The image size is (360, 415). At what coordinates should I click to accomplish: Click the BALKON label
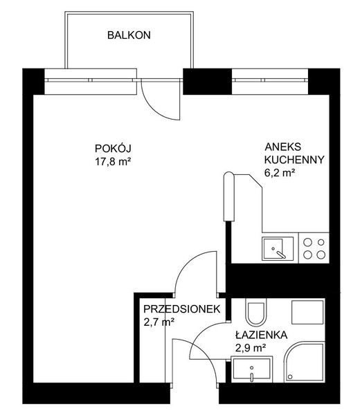(x=129, y=35)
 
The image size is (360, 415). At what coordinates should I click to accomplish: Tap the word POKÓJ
(x=113, y=149)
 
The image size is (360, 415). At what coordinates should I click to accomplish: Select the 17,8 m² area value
(x=113, y=161)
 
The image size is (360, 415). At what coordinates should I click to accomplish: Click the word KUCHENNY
(x=294, y=160)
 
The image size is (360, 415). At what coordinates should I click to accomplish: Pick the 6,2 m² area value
(x=280, y=173)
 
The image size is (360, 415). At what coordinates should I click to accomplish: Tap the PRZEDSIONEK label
(x=181, y=309)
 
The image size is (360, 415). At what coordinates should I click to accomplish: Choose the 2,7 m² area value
(x=159, y=322)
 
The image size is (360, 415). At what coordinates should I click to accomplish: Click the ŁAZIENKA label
(x=262, y=335)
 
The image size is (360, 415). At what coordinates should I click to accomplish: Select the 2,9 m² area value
(x=251, y=348)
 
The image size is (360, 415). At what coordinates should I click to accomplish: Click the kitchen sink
(x=278, y=248)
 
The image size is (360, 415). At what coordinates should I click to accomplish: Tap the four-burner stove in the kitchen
(x=314, y=248)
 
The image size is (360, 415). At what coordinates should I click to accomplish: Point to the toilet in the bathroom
(x=255, y=313)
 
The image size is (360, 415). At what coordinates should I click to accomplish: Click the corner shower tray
(x=305, y=362)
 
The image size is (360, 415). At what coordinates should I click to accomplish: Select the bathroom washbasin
(x=252, y=369)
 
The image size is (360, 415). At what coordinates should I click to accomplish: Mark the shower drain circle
(x=290, y=377)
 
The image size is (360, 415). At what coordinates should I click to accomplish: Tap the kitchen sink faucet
(x=280, y=255)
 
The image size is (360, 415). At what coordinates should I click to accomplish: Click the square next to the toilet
(x=307, y=312)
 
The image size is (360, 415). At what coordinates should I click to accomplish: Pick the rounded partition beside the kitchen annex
(x=229, y=196)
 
